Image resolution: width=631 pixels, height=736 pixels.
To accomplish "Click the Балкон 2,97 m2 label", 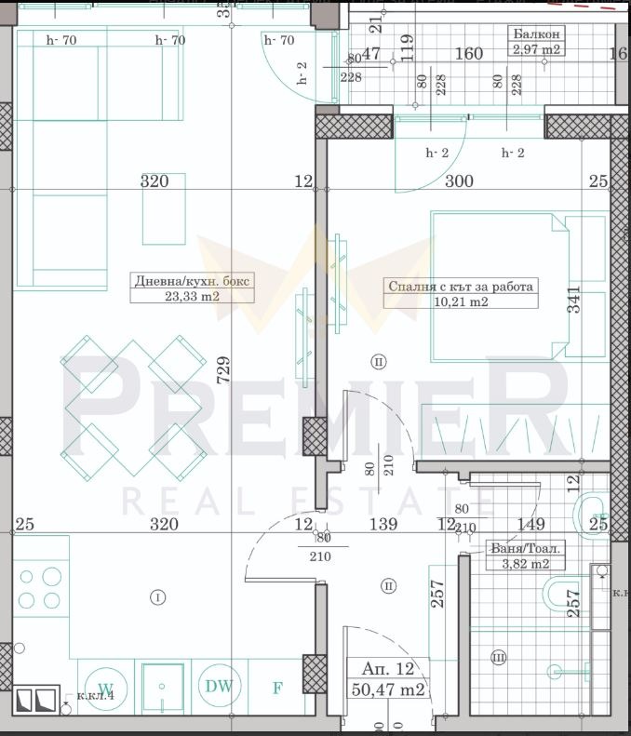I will tap(535, 42).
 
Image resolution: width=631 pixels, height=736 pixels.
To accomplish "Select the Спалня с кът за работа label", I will tap(461, 294).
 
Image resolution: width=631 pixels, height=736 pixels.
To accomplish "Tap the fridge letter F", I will tap(276, 689).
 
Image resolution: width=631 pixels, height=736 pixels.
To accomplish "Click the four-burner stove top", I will tap(39, 585).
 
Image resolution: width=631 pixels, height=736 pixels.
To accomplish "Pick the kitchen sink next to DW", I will tap(162, 689).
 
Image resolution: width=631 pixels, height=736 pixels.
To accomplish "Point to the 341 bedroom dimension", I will tap(573, 300).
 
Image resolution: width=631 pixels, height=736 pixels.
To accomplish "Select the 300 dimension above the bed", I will tap(459, 181).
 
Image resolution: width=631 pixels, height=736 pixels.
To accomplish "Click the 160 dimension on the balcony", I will tap(468, 54).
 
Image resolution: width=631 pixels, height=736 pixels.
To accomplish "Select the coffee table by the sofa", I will tap(162, 208).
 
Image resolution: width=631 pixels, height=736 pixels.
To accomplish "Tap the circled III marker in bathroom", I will tap(498, 659).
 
